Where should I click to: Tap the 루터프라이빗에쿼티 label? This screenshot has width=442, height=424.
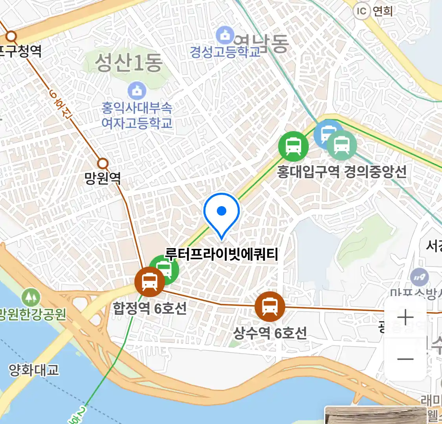tap(222, 254)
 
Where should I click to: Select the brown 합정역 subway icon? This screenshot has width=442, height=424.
tap(149, 281)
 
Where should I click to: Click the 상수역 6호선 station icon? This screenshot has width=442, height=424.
tap(270, 307)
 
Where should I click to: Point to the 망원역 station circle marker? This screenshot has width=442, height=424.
tap(103, 163)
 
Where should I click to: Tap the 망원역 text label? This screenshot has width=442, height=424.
tap(103, 179)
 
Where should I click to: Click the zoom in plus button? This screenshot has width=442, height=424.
tap(405, 317)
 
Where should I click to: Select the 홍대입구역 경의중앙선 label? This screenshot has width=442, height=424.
tap(341, 172)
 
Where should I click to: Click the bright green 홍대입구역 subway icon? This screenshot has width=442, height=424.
tap(293, 146)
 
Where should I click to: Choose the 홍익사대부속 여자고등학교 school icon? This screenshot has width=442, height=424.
tap(137, 91)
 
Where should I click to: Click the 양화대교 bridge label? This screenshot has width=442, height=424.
tap(34, 370)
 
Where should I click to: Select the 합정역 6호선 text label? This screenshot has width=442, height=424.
tap(150, 308)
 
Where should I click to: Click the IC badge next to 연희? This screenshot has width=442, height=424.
tap(361, 11)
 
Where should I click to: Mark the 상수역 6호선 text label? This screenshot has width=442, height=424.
tap(270, 333)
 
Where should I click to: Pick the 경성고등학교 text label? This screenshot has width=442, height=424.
tap(225, 51)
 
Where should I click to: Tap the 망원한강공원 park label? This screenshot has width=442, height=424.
tap(33, 314)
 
